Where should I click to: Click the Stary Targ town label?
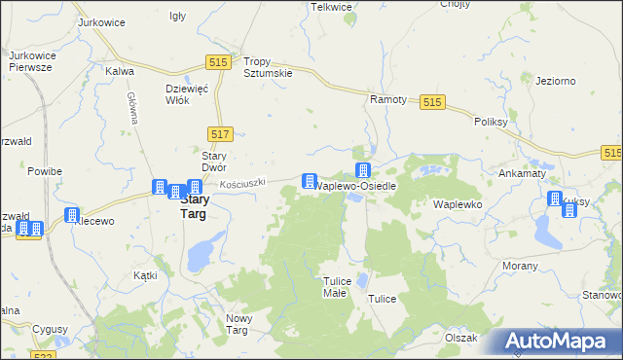coord(193,206)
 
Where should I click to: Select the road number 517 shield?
coord(219,133)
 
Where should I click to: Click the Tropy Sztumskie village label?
coord(267,66)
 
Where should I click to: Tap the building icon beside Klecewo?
coord(72,215)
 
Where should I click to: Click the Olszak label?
coord(460,338)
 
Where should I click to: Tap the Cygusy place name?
coord(49,329)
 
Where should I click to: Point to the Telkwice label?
coord(331,7)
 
